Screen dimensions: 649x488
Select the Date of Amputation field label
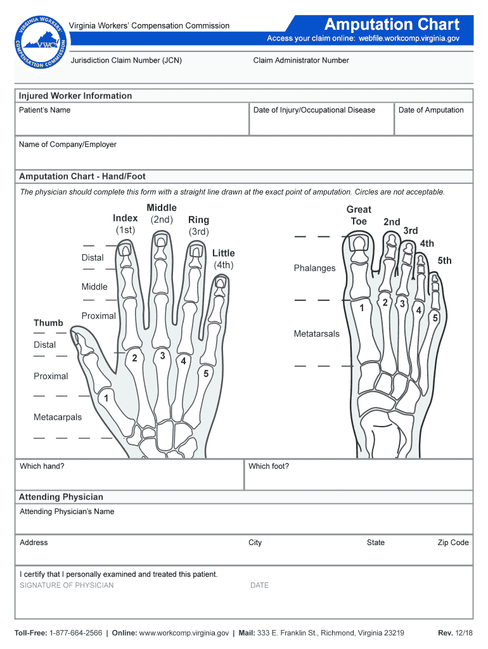coord(431,110)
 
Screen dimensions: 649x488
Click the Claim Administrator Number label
coord(301,61)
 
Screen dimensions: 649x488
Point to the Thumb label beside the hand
coord(48,323)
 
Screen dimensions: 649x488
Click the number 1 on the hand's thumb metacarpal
coord(106,399)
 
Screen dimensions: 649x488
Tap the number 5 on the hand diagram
coord(206,374)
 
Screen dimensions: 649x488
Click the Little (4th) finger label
coord(223,259)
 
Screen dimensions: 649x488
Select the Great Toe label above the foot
coord(359,215)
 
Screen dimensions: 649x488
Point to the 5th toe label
coord(444,260)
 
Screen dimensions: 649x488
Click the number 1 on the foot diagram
coord(361,309)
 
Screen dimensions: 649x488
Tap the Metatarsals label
coord(316,333)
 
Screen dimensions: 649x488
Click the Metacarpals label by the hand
coord(58,417)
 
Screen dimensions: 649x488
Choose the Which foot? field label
coord(269,466)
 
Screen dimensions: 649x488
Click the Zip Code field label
coord(453,543)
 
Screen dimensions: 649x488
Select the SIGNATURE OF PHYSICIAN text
coord(67,585)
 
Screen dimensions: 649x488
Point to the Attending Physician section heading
coord(61,497)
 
